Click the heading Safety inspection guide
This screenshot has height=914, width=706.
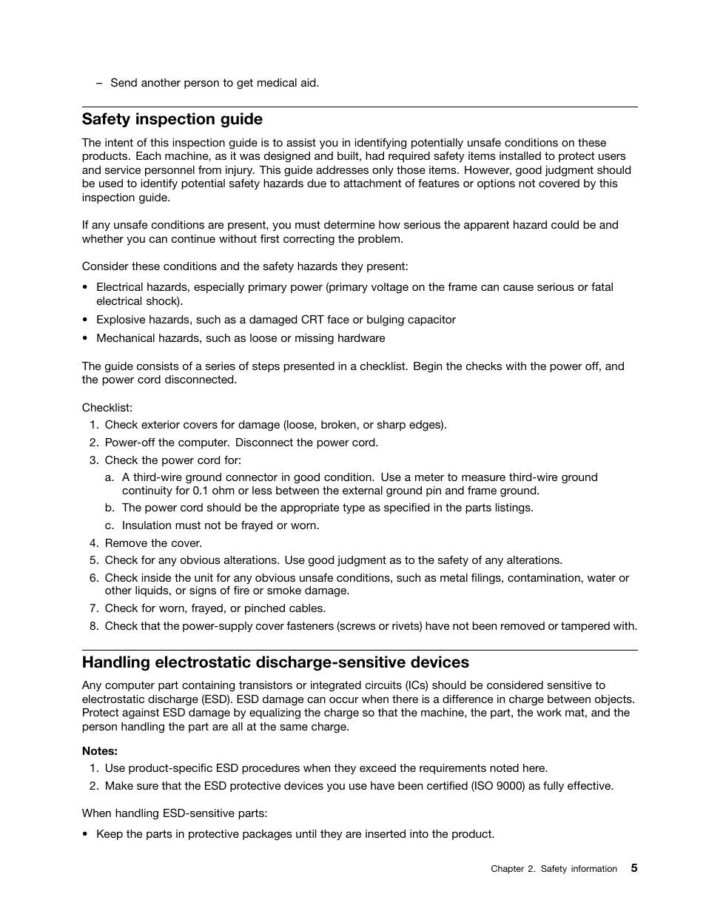tap(172, 119)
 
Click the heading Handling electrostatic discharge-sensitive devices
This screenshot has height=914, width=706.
tap(275, 662)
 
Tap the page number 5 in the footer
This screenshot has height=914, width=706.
tap(633, 868)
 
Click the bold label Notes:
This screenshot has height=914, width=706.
tap(100, 751)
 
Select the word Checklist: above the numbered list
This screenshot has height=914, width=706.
tap(107, 408)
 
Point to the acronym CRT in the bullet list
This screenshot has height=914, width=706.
tap(312, 320)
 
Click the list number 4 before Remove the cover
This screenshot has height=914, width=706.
tap(94, 543)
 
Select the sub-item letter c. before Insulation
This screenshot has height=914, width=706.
tap(109, 525)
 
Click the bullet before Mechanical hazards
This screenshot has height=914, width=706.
tap(86, 338)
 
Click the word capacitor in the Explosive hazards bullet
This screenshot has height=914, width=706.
tap(430, 320)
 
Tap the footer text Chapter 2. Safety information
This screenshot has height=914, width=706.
tap(554, 869)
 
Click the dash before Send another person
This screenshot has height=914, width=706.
tap(99, 83)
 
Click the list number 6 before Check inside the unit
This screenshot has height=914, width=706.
tap(94, 578)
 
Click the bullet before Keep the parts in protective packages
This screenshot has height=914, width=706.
tap(86, 834)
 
